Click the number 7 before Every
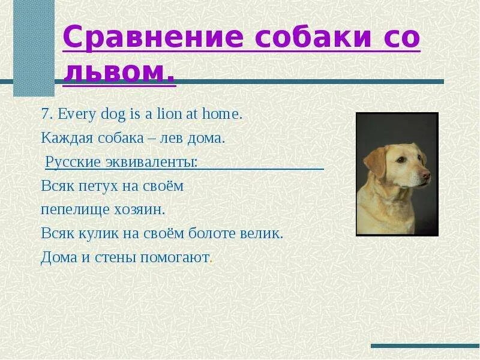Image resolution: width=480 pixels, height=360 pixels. (x=45, y=115)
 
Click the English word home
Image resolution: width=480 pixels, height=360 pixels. (x=222, y=114)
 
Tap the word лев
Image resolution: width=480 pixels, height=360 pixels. (x=172, y=139)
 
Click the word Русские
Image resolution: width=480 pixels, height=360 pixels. (x=73, y=162)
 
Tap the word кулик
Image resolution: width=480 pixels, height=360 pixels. (x=98, y=234)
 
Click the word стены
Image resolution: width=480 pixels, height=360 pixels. (x=115, y=258)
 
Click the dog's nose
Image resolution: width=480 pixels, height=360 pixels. (x=426, y=175)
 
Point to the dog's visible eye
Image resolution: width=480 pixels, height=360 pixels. (x=402, y=160)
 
